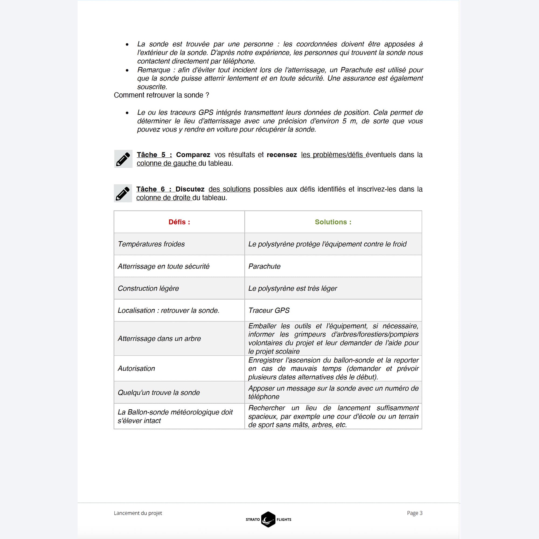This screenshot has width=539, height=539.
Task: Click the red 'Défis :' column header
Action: pos(179,222)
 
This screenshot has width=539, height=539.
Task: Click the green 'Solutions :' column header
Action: pos(333,222)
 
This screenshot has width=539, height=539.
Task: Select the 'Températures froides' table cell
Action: pos(151,244)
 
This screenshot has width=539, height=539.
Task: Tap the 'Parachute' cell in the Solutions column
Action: pos(264,266)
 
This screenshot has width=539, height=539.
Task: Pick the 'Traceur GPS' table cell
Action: pos(269,310)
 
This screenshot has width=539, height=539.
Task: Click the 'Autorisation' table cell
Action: pos(136,368)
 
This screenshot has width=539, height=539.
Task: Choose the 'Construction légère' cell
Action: pos(148,288)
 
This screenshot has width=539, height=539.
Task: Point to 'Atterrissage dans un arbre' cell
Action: pos(159,338)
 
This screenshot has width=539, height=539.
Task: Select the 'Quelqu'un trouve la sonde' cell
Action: pos(158,393)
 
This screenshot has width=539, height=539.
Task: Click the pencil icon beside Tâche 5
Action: pos(123,159)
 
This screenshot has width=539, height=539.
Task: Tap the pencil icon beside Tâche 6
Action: pos(123,193)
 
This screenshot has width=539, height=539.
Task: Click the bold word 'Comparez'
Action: pos(193,155)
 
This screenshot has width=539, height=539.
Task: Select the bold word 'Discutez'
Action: pos(190,189)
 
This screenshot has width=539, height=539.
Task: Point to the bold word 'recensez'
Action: pos(282,155)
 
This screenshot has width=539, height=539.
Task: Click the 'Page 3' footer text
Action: pos(414,513)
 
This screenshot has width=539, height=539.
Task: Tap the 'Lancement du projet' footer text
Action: pos(138,513)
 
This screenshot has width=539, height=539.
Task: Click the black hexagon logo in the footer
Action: pos(268,519)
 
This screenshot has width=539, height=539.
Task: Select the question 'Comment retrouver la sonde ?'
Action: pos(161,95)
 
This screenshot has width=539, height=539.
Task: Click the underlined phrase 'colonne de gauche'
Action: pos(167,164)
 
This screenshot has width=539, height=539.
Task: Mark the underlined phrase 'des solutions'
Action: pos(229,189)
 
